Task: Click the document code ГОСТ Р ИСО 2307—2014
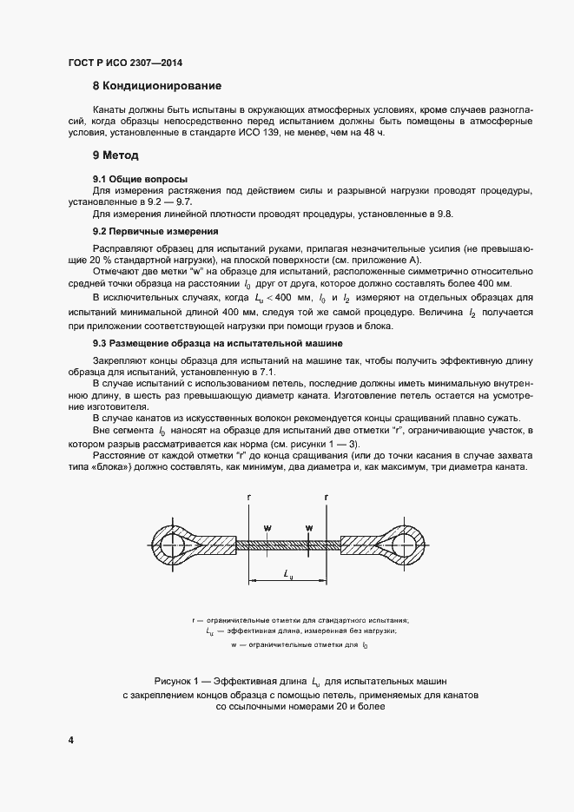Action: click(x=125, y=63)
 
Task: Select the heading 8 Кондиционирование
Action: click(x=157, y=86)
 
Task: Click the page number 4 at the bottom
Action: click(x=70, y=740)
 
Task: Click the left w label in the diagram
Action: click(x=267, y=527)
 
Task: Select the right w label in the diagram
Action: click(x=308, y=527)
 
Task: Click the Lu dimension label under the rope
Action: click(x=287, y=574)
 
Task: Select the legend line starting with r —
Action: click(x=300, y=620)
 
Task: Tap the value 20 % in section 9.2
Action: click(x=104, y=260)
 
